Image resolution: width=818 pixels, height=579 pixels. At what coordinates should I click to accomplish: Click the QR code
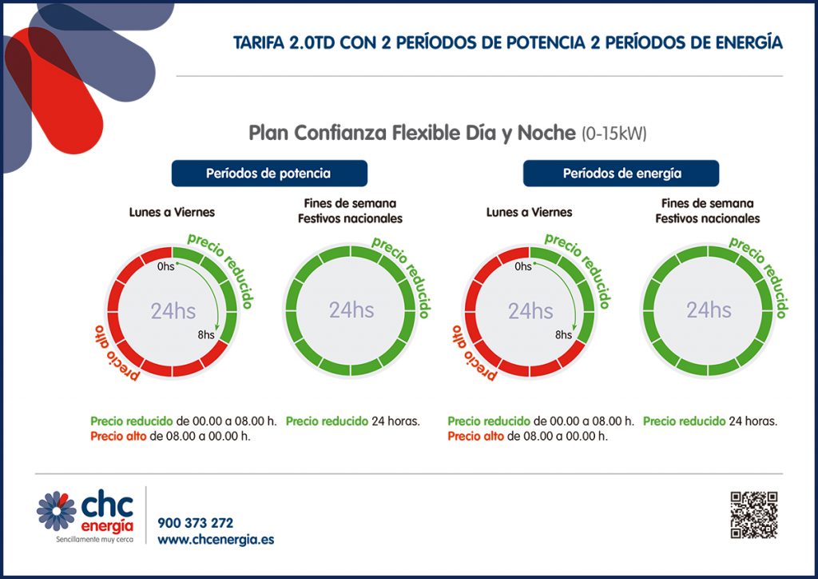coord(753,514)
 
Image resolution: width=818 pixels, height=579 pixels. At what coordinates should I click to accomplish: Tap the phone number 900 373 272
coord(196,523)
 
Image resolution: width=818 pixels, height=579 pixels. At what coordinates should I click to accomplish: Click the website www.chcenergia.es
coord(216,540)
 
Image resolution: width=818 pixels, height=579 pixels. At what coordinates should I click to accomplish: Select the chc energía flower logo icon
coord(56,510)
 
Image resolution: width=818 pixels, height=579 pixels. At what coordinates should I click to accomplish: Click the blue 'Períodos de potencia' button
coord(268,173)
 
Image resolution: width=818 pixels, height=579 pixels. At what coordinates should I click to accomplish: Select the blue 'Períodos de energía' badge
coord(621,173)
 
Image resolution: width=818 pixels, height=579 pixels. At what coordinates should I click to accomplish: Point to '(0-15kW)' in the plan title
coord(613,133)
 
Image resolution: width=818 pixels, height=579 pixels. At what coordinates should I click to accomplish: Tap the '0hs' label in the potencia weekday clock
coord(165,266)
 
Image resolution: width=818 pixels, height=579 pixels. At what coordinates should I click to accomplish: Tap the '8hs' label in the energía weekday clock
coord(563,335)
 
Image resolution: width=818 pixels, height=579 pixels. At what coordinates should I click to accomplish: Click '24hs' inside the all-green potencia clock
coord(351,310)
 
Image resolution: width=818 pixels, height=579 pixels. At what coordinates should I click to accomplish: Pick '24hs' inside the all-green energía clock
coord(709,310)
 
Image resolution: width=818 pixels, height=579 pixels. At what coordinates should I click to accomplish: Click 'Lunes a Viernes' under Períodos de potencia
coord(172,212)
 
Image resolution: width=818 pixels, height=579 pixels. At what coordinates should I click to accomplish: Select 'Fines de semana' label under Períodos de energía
coord(708,203)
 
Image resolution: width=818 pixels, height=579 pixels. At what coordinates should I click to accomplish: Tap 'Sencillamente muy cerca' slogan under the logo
coord(85,540)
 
